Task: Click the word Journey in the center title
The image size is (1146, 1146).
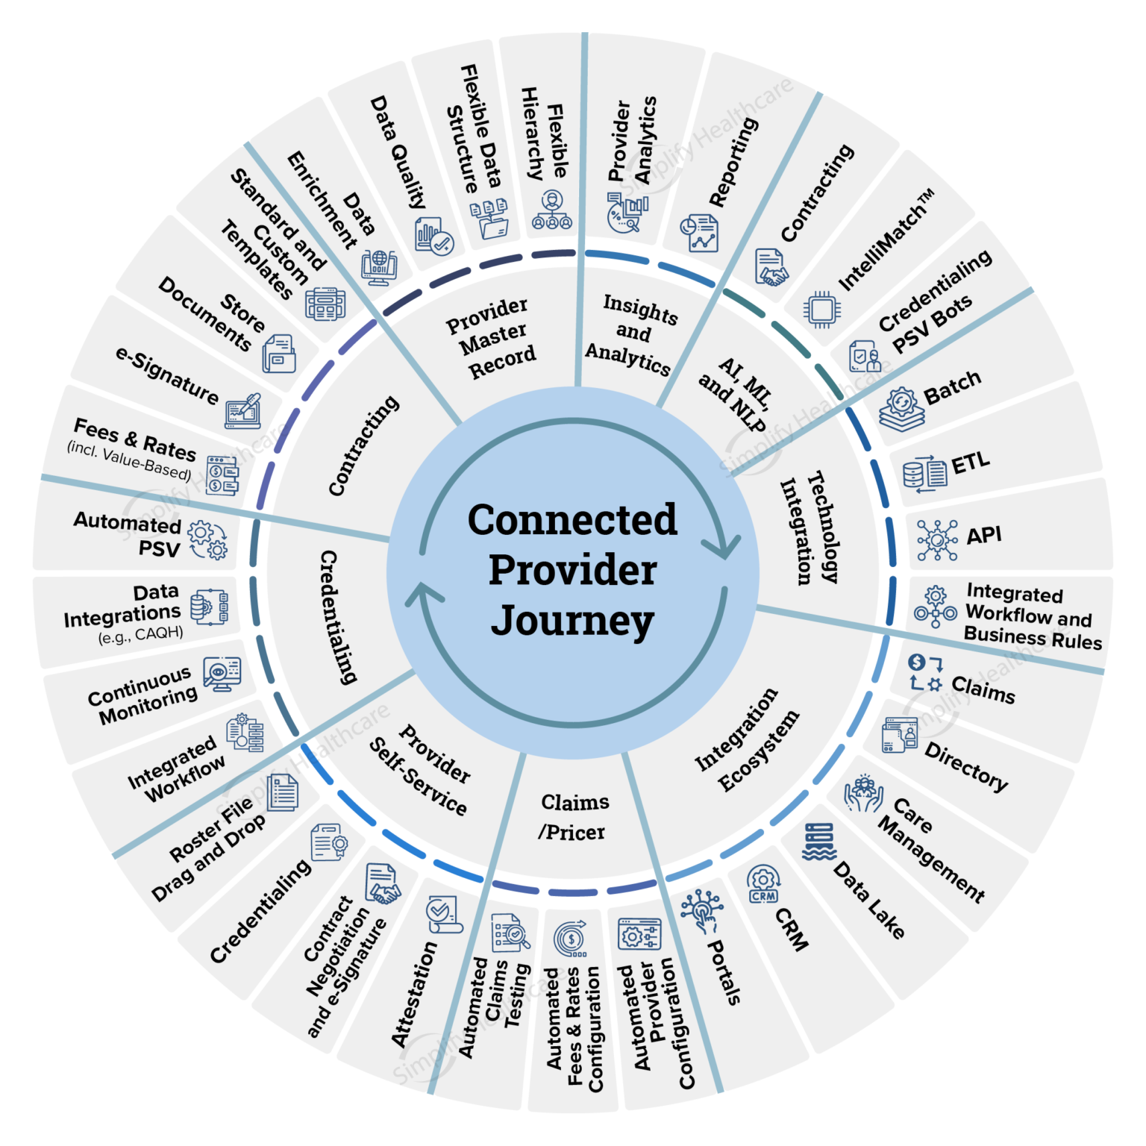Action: pyautogui.click(x=572, y=621)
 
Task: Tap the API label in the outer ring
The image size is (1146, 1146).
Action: pyautogui.click(x=983, y=536)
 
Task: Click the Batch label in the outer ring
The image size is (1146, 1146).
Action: pyautogui.click(x=952, y=387)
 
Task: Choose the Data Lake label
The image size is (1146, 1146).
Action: pyautogui.click(x=868, y=900)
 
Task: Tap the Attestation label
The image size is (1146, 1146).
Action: pyautogui.click(x=414, y=993)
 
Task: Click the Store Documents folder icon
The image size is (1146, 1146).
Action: pyautogui.click(x=278, y=354)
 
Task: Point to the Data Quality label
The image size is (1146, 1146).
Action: pyautogui.click(x=398, y=151)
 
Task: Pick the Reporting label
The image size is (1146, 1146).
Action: pyautogui.click(x=733, y=162)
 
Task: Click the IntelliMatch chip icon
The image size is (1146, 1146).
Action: pyautogui.click(x=822, y=309)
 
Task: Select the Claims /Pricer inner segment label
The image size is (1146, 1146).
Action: pyautogui.click(x=574, y=817)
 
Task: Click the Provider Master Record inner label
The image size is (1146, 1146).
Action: pyautogui.click(x=492, y=338)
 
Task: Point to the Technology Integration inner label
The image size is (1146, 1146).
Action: pyautogui.click(x=810, y=529)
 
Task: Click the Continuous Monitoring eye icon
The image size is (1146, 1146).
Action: pyautogui.click(x=222, y=673)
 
